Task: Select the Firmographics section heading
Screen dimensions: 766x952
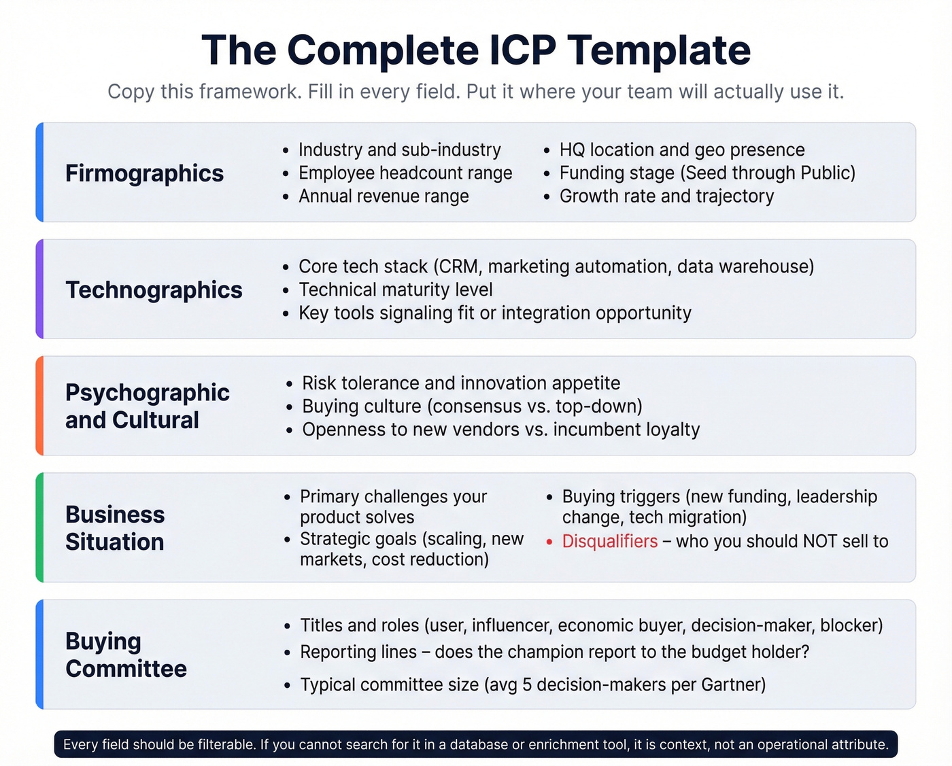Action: tap(144, 173)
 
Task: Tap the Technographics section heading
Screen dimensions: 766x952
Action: tap(154, 290)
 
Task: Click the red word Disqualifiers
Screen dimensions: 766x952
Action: tap(609, 541)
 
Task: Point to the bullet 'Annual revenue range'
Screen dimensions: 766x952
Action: tap(384, 196)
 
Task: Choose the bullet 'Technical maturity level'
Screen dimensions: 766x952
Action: tap(395, 290)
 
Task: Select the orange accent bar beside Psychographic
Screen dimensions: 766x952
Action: tap(39, 406)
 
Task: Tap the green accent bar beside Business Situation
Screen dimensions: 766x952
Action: tap(39, 527)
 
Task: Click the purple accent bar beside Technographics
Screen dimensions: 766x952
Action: tap(39, 289)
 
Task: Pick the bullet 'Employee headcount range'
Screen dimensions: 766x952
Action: tap(405, 173)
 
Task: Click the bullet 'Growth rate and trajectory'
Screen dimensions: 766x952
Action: tap(666, 196)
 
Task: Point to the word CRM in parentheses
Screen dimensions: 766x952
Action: tap(459, 266)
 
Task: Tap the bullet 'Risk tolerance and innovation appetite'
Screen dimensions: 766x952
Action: tap(461, 383)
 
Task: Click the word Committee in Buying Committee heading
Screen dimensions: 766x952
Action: tap(126, 669)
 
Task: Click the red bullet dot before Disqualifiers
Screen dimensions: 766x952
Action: tap(549, 542)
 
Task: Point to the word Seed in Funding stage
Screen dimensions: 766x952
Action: tap(706, 173)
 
